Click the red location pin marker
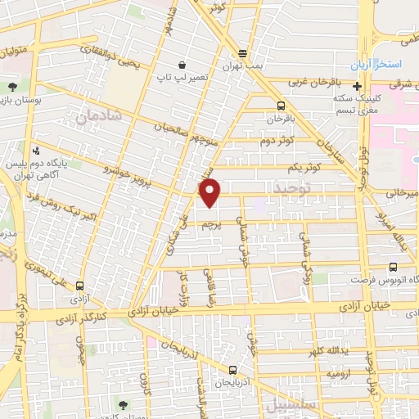211,193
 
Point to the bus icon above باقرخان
282,106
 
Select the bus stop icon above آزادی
79,286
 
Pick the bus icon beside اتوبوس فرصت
394,267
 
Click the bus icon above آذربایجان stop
232,370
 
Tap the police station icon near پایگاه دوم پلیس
36,151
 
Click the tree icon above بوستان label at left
12,86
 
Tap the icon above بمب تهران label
242,54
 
